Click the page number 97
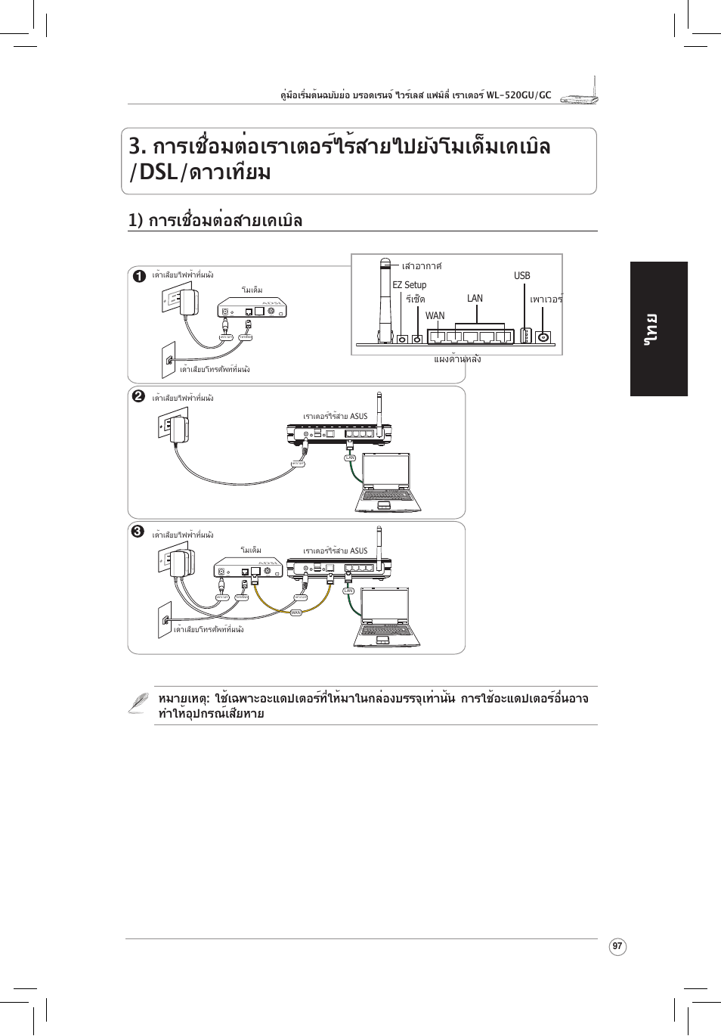[617, 946]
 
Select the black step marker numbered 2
[138, 396]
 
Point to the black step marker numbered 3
[138, 531]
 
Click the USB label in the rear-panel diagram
[521, 276]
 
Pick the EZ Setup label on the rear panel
[409, 285]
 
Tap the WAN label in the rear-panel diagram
[435, 316]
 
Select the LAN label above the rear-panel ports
[475, 299]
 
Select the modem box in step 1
[252, 309]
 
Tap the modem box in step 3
[248, 569]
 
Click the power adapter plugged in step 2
[179, 430]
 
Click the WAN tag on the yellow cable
[296, 613]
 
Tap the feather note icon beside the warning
[138, 703]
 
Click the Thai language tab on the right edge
[658, 329]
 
